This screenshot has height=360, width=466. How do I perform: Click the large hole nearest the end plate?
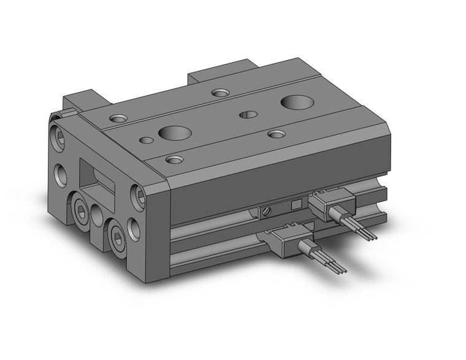pos(174,132)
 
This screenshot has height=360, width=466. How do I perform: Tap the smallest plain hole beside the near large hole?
pos(147,140)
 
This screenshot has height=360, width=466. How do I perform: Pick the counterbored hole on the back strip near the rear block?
pos(220,93)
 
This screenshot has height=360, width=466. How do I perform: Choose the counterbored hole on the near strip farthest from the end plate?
pos(277,133)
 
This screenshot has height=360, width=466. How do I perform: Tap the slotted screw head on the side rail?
pos(265,212)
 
